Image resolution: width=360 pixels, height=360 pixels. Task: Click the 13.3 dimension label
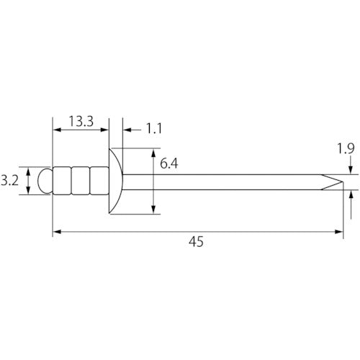pos(81,121)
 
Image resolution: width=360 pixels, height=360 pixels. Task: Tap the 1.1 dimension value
pos(154,128)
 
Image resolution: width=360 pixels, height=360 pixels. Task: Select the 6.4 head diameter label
pos(169,163)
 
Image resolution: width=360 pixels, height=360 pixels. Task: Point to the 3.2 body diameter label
pos(9,181)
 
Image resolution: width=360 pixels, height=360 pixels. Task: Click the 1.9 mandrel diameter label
pos(346,148)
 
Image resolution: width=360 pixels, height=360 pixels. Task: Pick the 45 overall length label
pos(196,241)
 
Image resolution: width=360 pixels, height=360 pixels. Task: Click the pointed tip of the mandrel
pos(343,182)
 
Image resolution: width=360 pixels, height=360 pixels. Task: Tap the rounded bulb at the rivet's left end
pos(45,181)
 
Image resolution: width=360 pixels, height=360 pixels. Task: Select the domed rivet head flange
pos(116,181)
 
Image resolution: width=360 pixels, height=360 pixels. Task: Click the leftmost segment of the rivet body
pos(62,181)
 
